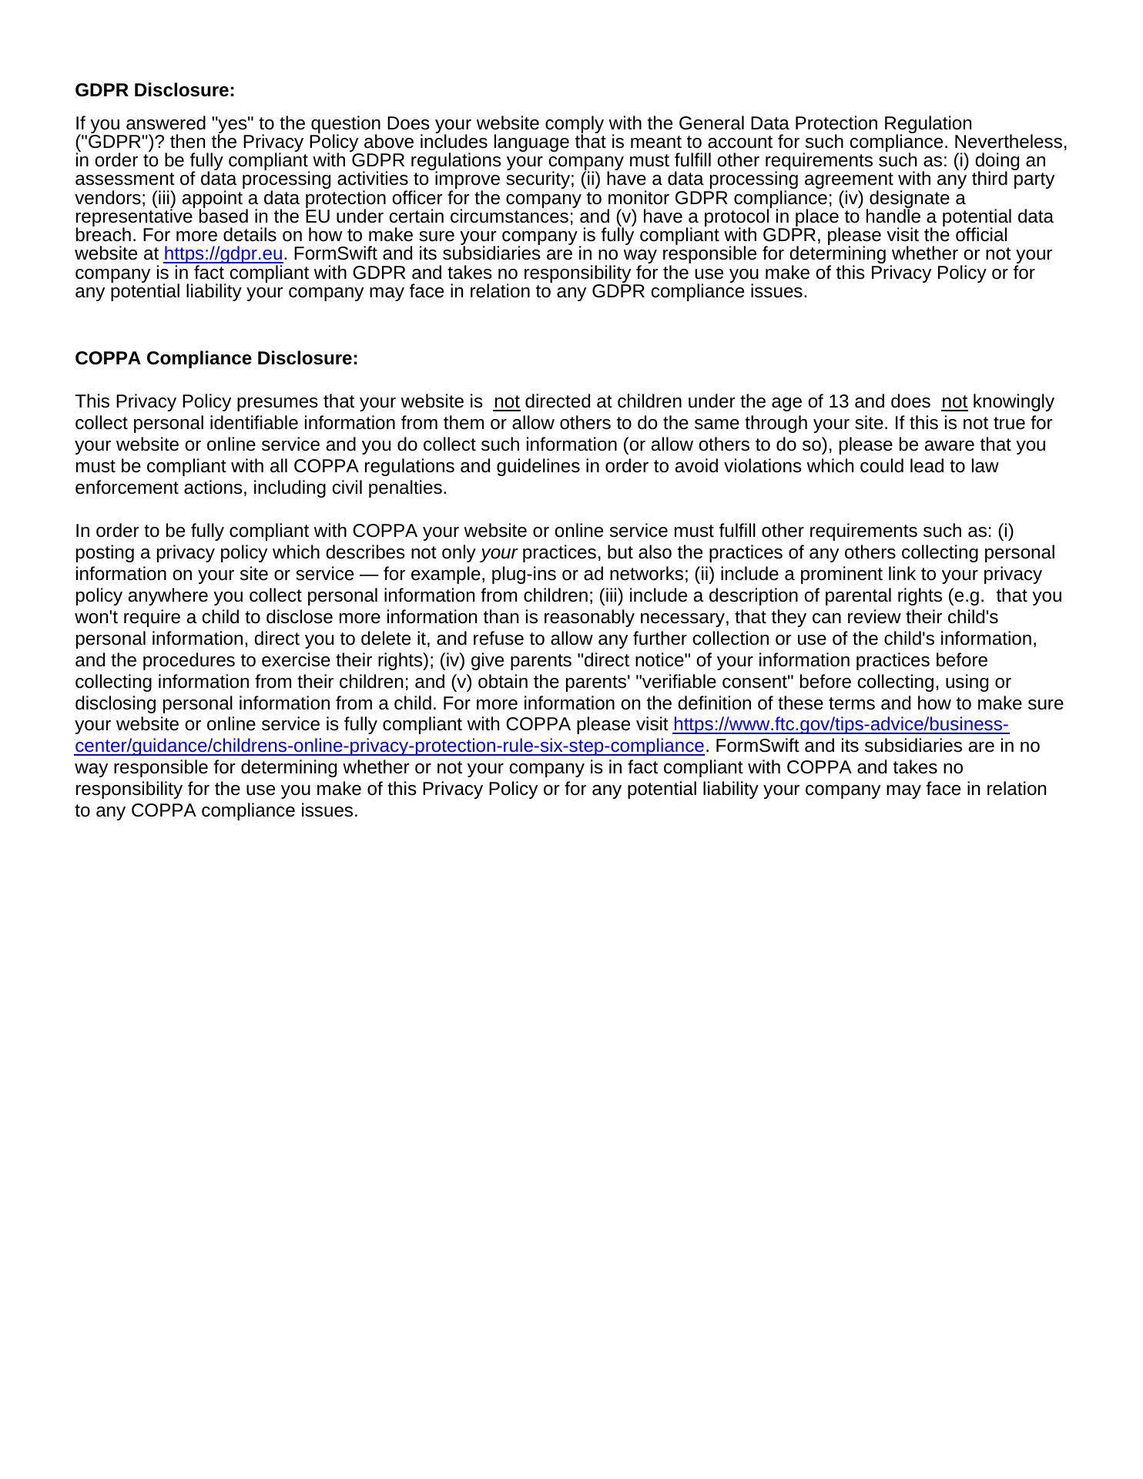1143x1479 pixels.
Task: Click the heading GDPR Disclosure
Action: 154,90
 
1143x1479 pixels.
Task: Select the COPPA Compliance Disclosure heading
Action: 216,358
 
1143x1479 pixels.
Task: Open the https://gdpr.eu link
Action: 223,254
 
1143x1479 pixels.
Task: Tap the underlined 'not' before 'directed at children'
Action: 506,402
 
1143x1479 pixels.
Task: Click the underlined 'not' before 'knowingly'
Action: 954,402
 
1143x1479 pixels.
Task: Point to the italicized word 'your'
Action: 498,553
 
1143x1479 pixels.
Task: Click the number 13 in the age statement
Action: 838,402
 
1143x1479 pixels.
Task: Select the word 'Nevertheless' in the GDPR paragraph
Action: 1010,143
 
